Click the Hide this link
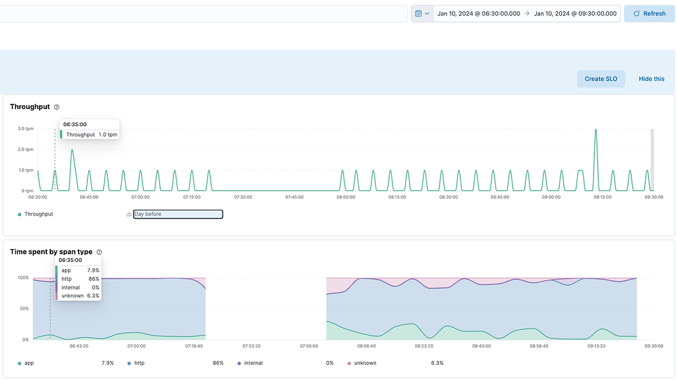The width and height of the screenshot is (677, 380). click(651, 79)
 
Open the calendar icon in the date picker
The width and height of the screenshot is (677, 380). click(422, 13)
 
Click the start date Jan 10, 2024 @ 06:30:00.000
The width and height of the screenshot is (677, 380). click(478, 13)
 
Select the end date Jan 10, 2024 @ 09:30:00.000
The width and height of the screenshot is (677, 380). click(575, 13)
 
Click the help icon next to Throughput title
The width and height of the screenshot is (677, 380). click(57, 107)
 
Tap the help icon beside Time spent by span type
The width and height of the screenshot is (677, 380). click(99, 252)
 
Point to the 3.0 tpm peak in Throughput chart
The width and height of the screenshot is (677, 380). click(596, 130)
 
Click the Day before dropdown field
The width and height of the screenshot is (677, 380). click(177, 214)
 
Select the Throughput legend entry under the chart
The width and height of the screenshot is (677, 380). click(38, 214)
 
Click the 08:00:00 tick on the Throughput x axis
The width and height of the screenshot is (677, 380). click(345, 197)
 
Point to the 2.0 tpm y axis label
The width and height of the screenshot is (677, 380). click(25, 149)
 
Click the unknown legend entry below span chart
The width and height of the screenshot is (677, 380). click(365, 363)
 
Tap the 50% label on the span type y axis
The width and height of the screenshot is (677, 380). click(23, 309)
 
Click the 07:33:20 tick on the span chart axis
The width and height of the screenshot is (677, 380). click(251, 346)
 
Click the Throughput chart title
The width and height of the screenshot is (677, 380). click(30, 107)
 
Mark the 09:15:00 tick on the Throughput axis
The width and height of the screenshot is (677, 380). click(602, 197)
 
